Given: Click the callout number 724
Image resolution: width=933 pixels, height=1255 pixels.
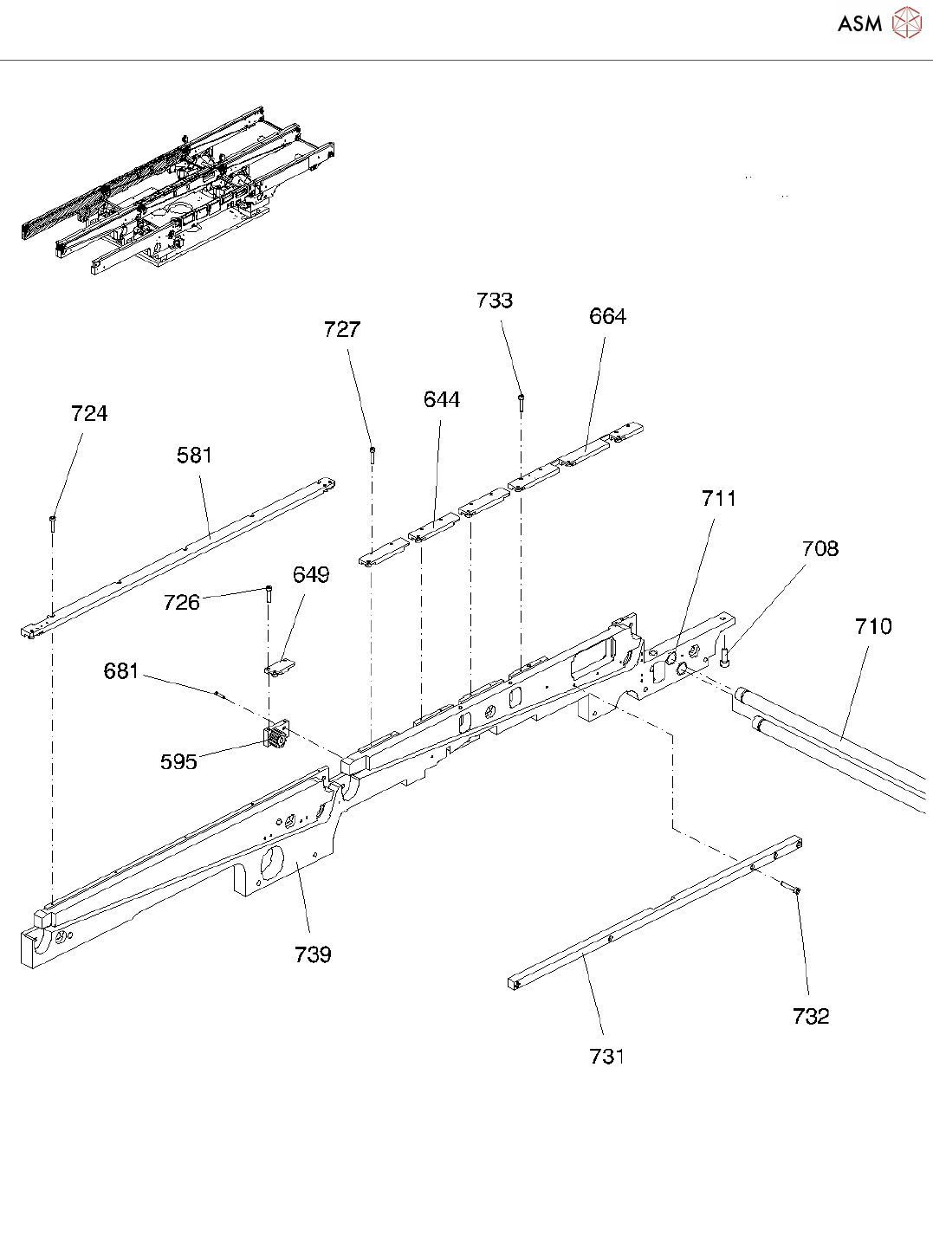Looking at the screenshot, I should [x=89, y=414].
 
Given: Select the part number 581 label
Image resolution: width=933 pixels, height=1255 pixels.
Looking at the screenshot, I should [x=194, y=456].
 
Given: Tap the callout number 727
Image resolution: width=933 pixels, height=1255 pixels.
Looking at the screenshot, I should [x=342, y=330].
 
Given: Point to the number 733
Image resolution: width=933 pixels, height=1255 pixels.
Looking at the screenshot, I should [x=495, y=301].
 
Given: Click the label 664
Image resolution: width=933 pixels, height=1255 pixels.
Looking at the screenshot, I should [x=607, y=317].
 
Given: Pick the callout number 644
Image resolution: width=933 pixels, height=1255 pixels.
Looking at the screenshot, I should [x=442, y=400].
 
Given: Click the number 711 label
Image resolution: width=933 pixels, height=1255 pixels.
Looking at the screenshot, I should [x=719, y=499].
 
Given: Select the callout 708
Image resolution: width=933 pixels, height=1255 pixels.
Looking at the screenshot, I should [x=820, y=549].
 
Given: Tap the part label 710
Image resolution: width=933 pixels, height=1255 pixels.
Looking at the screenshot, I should [x=873, y=627].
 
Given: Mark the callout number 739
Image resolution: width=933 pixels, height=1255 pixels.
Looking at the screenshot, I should [x=313, y=955].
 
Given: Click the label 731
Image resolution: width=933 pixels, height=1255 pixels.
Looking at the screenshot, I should [x=607, y=1057].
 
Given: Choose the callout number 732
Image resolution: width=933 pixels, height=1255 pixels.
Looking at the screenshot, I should [x=811, y=1017].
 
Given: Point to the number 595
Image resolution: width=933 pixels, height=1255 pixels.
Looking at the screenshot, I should [x=178, y=762].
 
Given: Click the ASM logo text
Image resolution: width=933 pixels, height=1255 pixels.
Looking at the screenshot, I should [x=859, y=24].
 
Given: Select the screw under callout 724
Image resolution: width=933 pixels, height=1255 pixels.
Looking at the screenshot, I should [x=53, y=521].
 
